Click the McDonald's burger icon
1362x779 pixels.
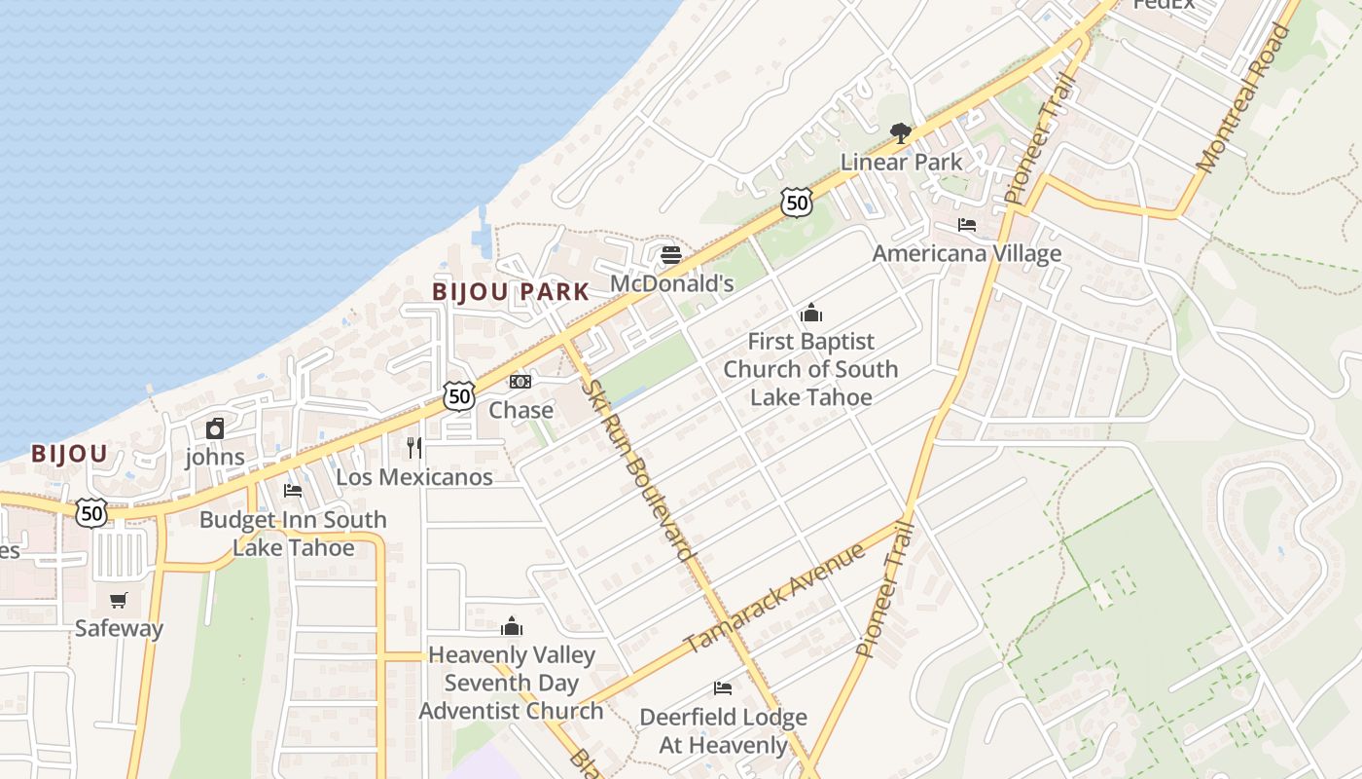pyautogui.click(x=671, y=256)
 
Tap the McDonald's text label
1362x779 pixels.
pyautogui.click(x=671, y=283)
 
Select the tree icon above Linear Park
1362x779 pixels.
pyautogui.click(x=901, y=132)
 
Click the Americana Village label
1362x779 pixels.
pyautogui.click(x=966, y=254)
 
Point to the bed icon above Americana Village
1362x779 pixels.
pyautogui.click(x=967, y=225)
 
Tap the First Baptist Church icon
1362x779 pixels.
pyautogui.click(x=810, y=314)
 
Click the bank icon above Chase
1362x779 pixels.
pyautogui.click(x=520, y=382)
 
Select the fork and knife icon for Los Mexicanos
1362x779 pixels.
pyautogui.click(x=414, y=448)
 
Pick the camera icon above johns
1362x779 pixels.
pyautogui.click(x=215, y=428)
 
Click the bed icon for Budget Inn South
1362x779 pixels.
pyautogui.click(x=293, y=491)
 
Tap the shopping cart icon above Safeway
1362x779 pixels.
pyautogui.click(x=119, y=600)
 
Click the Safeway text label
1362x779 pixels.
pyautogui.click(x=120, y=628)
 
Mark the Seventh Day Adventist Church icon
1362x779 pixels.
pyautogui.click(x=512, y=626)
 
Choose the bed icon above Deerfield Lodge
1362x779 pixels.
pyautogui.click(x=722, y=688)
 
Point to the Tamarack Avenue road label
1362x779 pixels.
pyautogui.click(x=774, y=598)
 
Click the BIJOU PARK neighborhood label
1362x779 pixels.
pyautogui.click(x=511, y=291)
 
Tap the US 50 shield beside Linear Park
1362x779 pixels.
pyautogui.click(x=796, y=203)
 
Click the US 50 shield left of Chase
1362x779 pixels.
pyautogui.click(x=459, y=395)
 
